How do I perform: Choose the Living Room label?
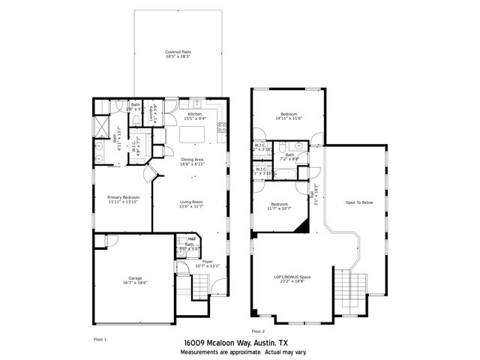(193, 202)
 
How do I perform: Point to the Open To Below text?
(359, 202)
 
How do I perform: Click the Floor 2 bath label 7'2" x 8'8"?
(289, 157)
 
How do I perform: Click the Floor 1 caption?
(100, 339)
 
